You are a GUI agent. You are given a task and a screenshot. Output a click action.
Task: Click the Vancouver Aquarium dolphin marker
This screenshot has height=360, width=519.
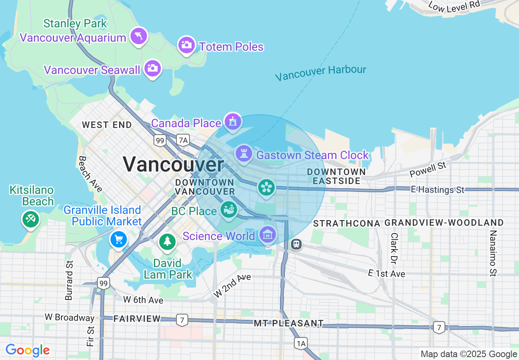coord(139,36)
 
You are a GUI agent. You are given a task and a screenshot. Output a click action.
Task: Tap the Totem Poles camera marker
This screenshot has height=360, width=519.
coord(187,45)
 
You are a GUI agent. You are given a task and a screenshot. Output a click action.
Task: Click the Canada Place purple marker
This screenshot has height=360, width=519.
coord(232,122)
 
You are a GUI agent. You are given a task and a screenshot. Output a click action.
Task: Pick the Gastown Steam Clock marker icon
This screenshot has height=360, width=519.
coord(244,153)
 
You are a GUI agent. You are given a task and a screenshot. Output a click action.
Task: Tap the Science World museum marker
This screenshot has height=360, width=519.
coord(268,235)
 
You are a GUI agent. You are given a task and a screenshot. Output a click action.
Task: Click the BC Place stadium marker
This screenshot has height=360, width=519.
coord(228,210)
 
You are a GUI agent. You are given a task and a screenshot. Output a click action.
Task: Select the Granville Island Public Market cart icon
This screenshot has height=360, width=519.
coord(119,239)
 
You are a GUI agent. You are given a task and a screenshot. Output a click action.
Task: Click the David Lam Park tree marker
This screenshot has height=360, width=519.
coord(167,241)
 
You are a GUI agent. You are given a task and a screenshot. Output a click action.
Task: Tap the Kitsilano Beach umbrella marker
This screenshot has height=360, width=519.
coord(30,219)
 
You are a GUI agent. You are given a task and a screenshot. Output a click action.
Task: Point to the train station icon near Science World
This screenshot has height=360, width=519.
coord(296,244)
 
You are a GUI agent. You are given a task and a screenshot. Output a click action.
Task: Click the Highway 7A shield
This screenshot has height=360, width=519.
coord(183,140)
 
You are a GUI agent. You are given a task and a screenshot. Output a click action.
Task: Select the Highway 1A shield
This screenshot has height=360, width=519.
coord(301,343)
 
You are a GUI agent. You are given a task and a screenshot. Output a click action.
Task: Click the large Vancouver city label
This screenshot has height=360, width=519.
coord(173,164)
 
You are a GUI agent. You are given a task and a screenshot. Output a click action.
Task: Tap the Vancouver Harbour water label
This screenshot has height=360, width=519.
coord(320,73)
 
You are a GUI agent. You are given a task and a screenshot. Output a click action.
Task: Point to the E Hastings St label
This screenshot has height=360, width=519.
coord(438,190)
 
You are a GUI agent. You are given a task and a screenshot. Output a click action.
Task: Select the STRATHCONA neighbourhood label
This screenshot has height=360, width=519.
coord(347,223)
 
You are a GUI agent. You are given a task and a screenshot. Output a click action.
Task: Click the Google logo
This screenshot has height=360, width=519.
coord(27,351)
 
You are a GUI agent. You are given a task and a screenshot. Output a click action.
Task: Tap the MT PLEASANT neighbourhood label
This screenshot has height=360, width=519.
coord(289,323)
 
